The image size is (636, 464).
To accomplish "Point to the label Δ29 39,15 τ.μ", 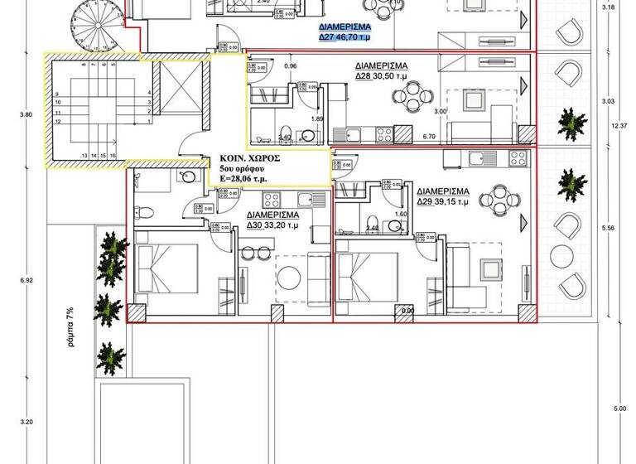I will pos(444,201).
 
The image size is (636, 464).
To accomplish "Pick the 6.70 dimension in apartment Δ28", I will pos(429,136).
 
